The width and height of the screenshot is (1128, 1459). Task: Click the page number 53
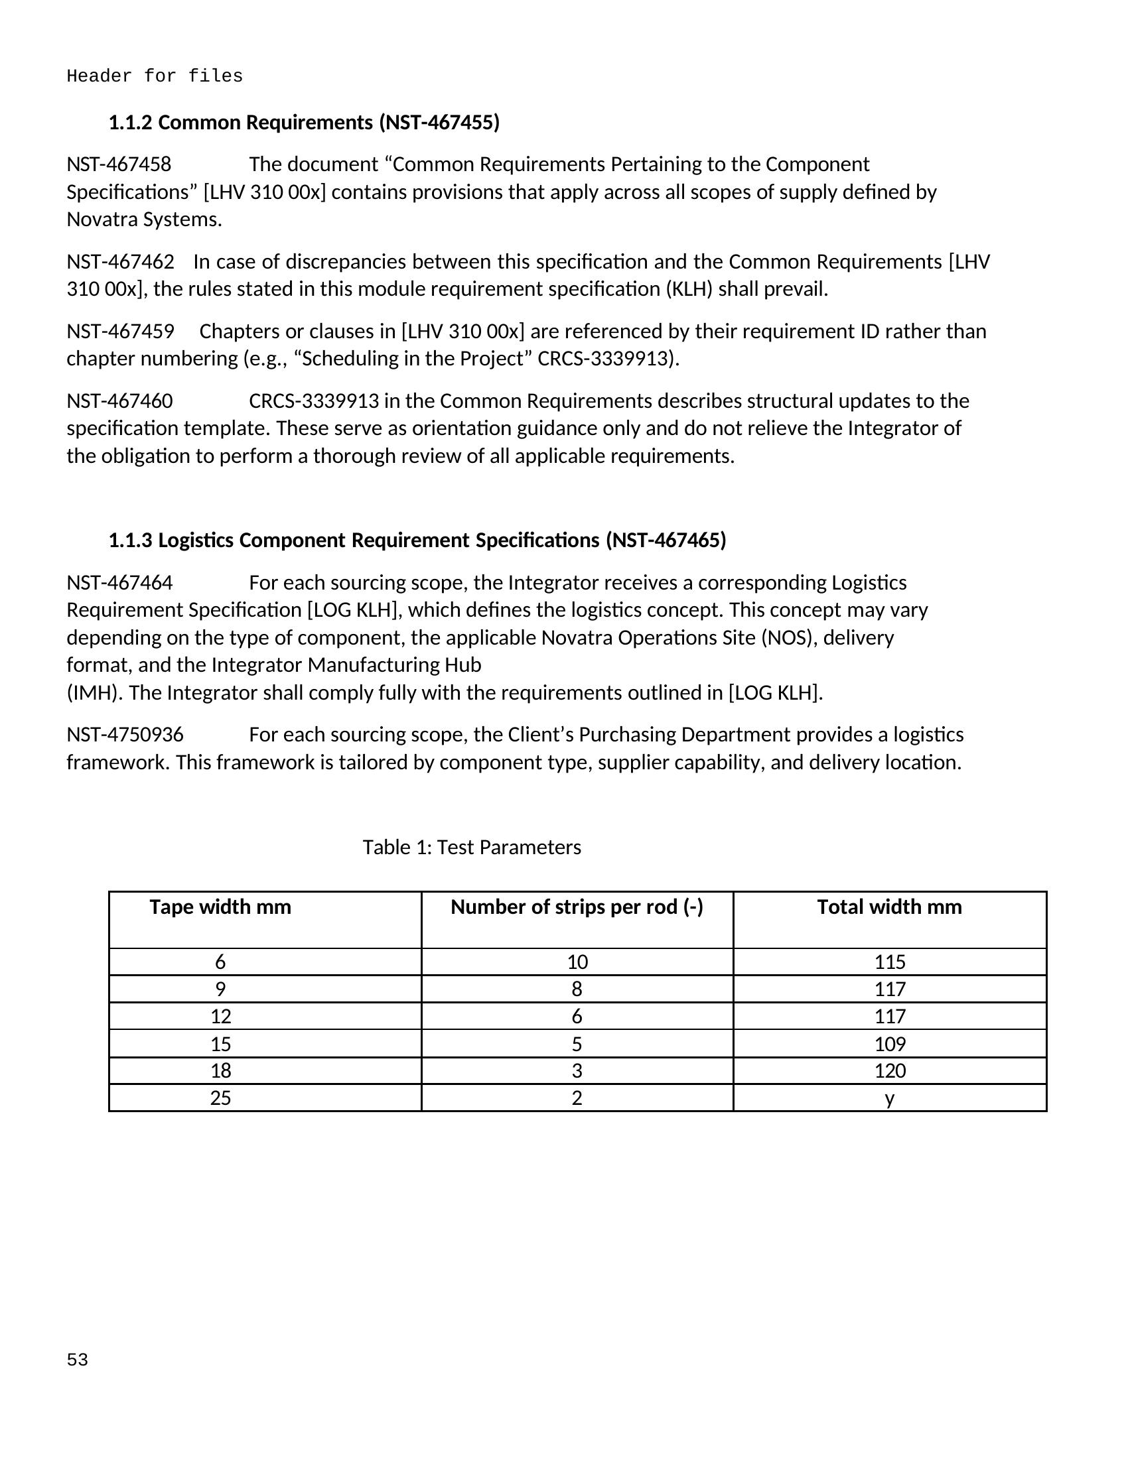(78, 1360)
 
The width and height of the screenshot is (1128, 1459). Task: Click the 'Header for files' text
(155, 76)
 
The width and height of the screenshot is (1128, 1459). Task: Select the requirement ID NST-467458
(119, 164)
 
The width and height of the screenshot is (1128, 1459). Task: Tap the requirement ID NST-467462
(120, 261)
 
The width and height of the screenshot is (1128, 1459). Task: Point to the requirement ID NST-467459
(120, 332)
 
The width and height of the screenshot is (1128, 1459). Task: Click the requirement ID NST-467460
(119, 401)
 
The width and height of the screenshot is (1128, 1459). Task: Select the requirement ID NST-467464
(119, 582)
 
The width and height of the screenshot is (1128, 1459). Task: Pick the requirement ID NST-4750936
(125, 735)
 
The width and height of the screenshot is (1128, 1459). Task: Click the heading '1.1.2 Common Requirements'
(304, 122)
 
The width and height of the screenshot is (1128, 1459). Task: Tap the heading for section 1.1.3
(417, 540)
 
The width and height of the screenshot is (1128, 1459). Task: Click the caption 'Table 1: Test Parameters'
(472, 847)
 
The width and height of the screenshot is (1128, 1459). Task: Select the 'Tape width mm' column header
(220, 907)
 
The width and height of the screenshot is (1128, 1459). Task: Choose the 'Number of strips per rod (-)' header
(577, 907)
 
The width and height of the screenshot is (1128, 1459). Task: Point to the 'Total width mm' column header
(889, 907)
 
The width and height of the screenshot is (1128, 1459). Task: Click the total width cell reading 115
(889, 962)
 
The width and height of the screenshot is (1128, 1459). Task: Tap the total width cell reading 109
(889, 1043)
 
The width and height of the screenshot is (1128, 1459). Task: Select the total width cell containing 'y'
(889, 1098)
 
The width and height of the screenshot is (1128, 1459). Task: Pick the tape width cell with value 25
(220, 1098)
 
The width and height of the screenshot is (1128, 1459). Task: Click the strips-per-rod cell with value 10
(577, 962)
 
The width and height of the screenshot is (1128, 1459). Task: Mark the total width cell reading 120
(889, 1071)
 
